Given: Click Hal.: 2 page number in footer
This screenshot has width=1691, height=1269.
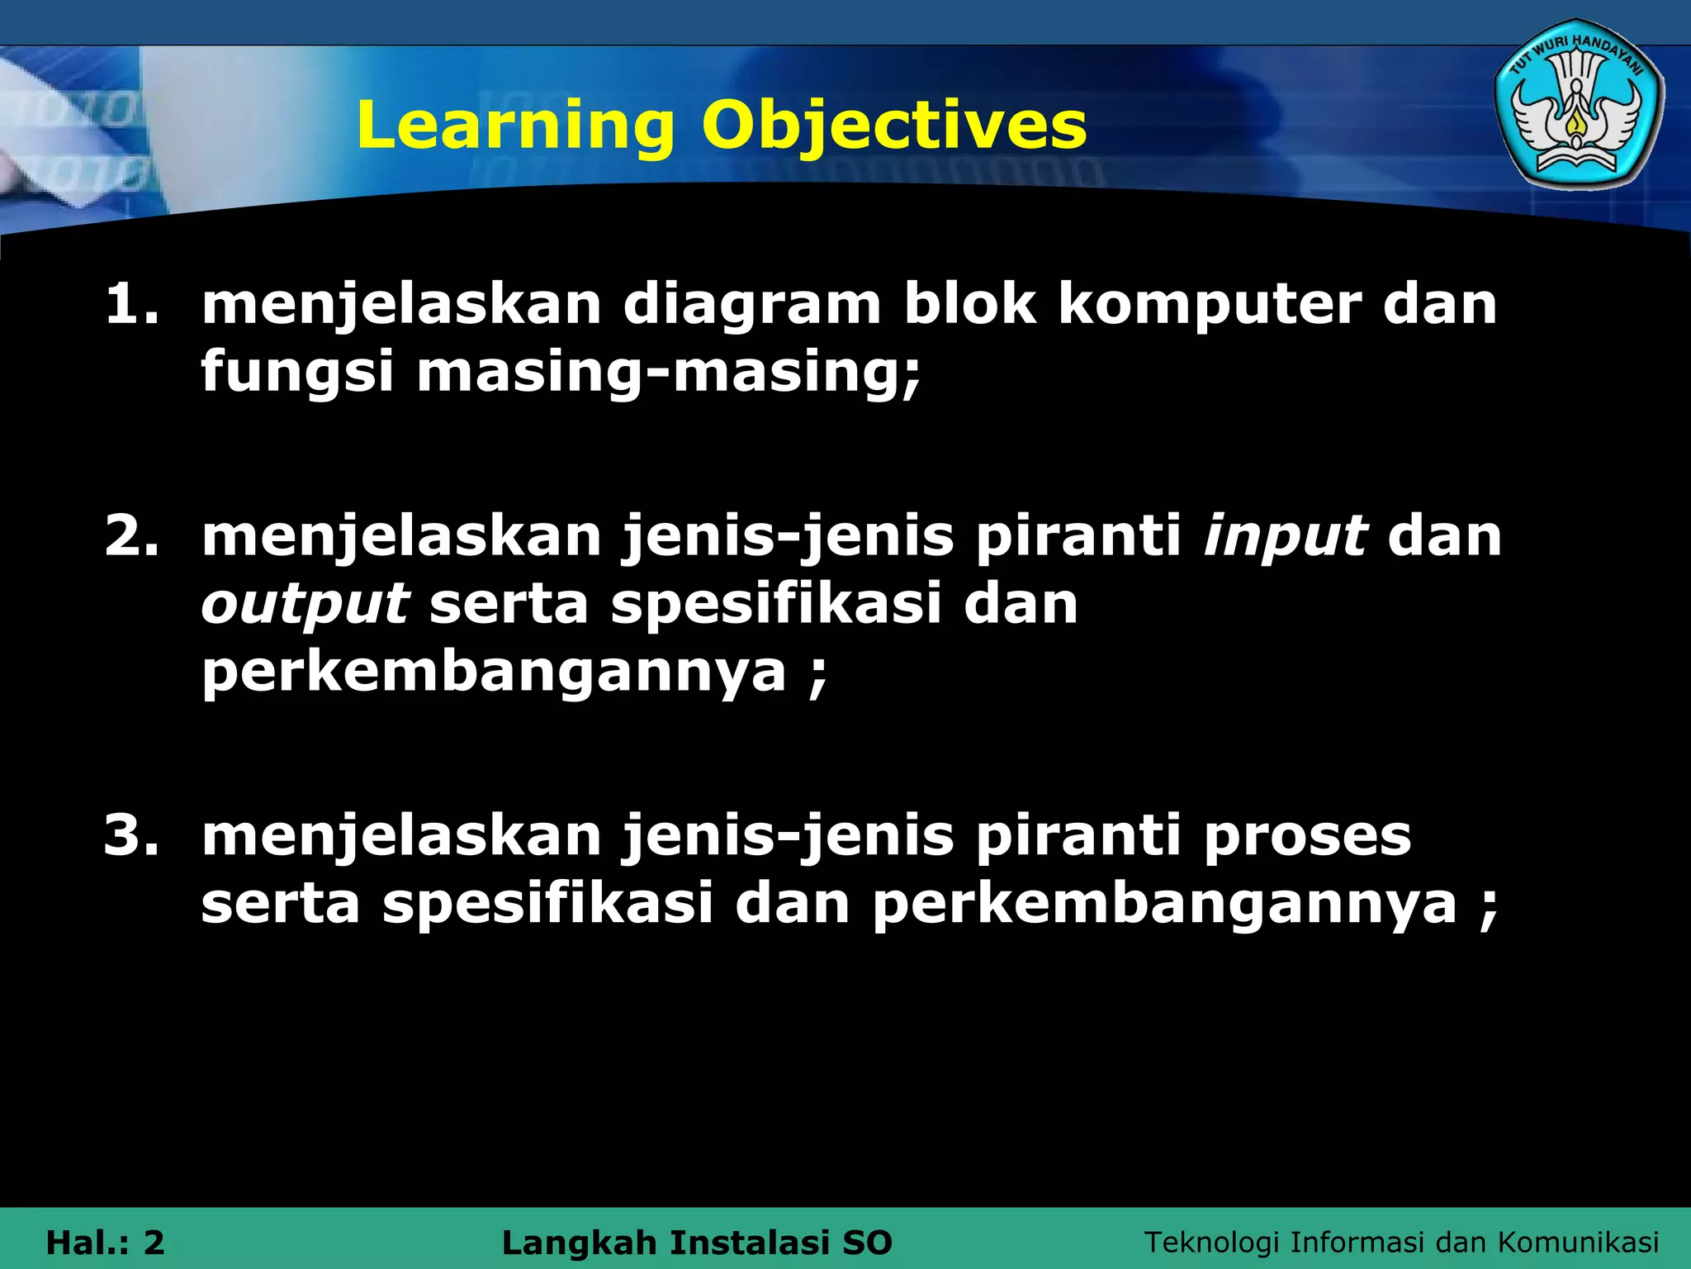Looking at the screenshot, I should tap(106, 1243).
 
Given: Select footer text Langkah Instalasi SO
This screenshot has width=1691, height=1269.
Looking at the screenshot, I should tap(697, 1243).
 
